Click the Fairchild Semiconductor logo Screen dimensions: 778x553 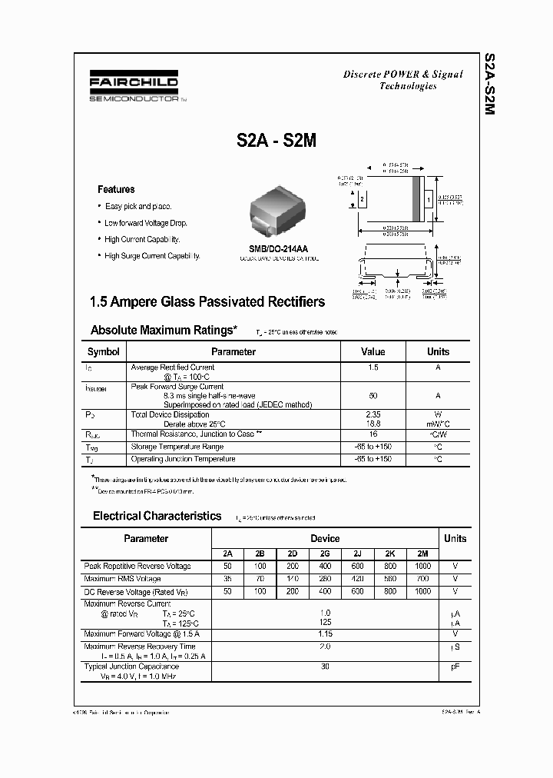(x=134, y=87)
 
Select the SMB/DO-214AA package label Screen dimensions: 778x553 (x=278, y=248)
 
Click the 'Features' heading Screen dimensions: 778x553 (x=116, y=189)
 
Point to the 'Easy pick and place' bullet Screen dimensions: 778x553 (x=138, y=207)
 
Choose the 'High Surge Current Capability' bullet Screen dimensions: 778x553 (x=152, y=256)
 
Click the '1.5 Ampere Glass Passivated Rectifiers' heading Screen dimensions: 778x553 (x=207, y=302)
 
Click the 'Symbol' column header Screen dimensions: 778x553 (x=104, y=352)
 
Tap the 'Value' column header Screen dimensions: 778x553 (x=373, y=352)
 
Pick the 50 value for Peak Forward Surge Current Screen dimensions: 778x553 (x=373, y=395)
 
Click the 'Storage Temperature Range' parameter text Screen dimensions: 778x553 (x=177, y=447)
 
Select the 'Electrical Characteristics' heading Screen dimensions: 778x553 (x=157, y=517)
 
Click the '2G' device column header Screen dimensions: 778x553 (x=325, y=554)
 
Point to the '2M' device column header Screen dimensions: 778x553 (x=422, y=554)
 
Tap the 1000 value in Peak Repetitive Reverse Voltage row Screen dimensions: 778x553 (x=422, y=567)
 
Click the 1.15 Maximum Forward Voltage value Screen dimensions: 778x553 (x=325, y=634)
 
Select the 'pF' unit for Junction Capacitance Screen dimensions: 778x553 (x=455, y=667)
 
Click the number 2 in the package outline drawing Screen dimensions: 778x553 (x=360, y=199)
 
